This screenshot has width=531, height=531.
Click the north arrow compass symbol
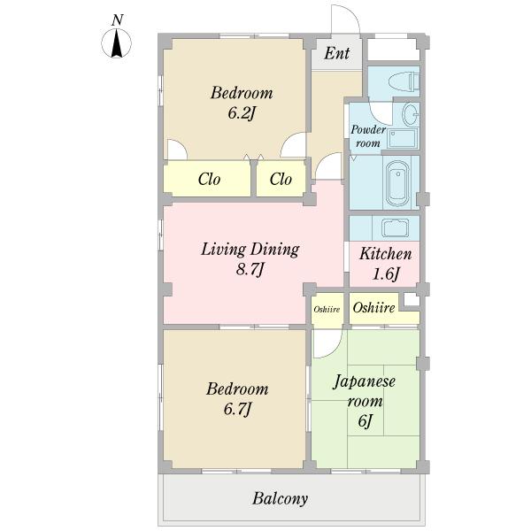(117, 43)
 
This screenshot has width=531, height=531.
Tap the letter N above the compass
(117, 20)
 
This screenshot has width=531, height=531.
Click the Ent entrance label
(336, 53)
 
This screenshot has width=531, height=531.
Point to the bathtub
(397, 183)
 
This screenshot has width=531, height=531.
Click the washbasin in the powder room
(411, 114)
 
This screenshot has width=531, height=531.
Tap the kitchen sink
(396, 228)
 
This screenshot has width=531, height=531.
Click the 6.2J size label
(241, 113)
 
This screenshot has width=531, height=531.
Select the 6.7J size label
(237, 409)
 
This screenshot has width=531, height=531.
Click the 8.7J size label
(250, 270)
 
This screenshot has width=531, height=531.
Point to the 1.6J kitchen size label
(386, 273)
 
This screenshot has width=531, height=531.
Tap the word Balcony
(280, 498)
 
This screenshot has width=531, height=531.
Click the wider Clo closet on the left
(207, 179)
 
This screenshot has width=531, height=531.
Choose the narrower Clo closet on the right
(281, 179)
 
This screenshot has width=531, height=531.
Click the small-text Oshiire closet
(327, 309)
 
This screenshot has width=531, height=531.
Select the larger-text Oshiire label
(373, 307)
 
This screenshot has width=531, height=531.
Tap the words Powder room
(368, 136)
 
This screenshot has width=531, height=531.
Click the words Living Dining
(250, 250)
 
